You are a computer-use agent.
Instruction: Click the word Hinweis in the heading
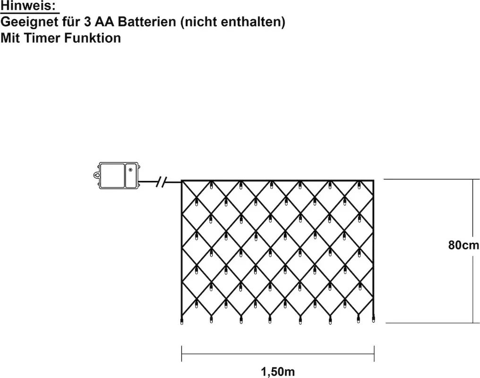coord(27,6)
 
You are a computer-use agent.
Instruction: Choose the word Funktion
coord(93,38)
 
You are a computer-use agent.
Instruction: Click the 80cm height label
coord(463,245)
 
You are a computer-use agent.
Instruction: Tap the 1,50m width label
coord(278,371)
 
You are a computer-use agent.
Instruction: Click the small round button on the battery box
coord(130,169)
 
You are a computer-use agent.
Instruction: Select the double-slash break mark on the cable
coord(161,182)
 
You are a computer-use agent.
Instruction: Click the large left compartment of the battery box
coord(112,175)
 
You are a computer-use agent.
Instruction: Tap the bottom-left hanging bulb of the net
coord(182,321)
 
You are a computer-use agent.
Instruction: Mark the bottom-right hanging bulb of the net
coord(373,320)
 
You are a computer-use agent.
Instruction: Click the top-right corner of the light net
coord(374,180)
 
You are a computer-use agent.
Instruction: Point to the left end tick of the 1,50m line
coord(182,354)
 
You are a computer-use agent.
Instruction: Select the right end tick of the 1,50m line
coord(374,354)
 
